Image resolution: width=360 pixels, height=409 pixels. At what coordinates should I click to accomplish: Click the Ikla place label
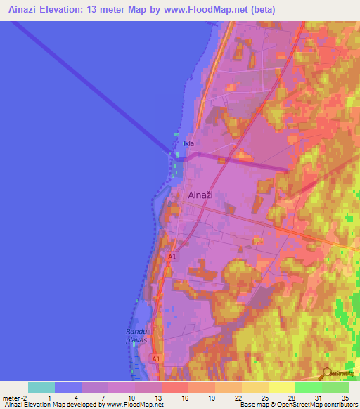[188, 144]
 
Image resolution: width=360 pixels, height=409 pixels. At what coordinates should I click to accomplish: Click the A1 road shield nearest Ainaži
[172, 258]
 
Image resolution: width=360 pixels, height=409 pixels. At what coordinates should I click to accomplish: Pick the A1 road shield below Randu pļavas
[156, 358]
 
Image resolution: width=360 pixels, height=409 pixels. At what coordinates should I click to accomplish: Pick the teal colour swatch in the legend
[41, 387]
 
